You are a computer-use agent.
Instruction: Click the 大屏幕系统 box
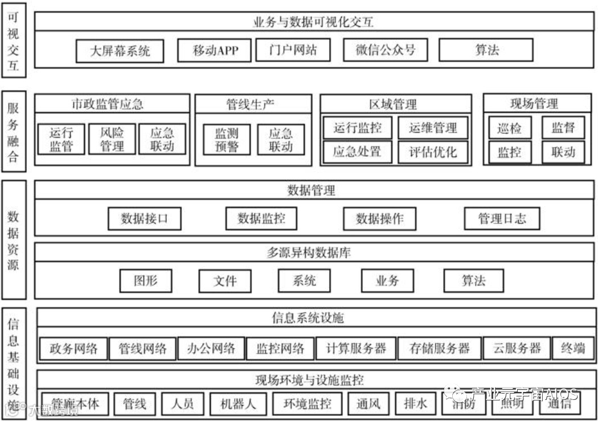click(120, 51)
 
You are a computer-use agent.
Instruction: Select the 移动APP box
click(215, 51)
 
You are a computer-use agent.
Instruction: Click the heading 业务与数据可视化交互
click(313, 22)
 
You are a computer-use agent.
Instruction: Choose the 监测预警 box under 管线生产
click(226, 140)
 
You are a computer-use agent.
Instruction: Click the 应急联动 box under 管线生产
click(281, 140)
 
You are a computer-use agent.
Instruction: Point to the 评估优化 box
click(433, 152)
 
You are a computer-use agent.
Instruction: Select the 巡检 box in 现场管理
click(509, 128)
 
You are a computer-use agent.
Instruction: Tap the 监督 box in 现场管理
click(563, 128)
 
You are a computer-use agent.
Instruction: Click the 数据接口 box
click(145, 218)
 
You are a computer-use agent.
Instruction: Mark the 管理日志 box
click(502, 219)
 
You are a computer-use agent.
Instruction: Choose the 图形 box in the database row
click(145, 280)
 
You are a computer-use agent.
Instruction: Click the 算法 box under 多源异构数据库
click(473, 280)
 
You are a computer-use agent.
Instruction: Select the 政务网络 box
click(73, 349)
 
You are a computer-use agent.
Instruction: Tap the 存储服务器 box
click(440, 349)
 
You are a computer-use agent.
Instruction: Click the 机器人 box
click(238, 404)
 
